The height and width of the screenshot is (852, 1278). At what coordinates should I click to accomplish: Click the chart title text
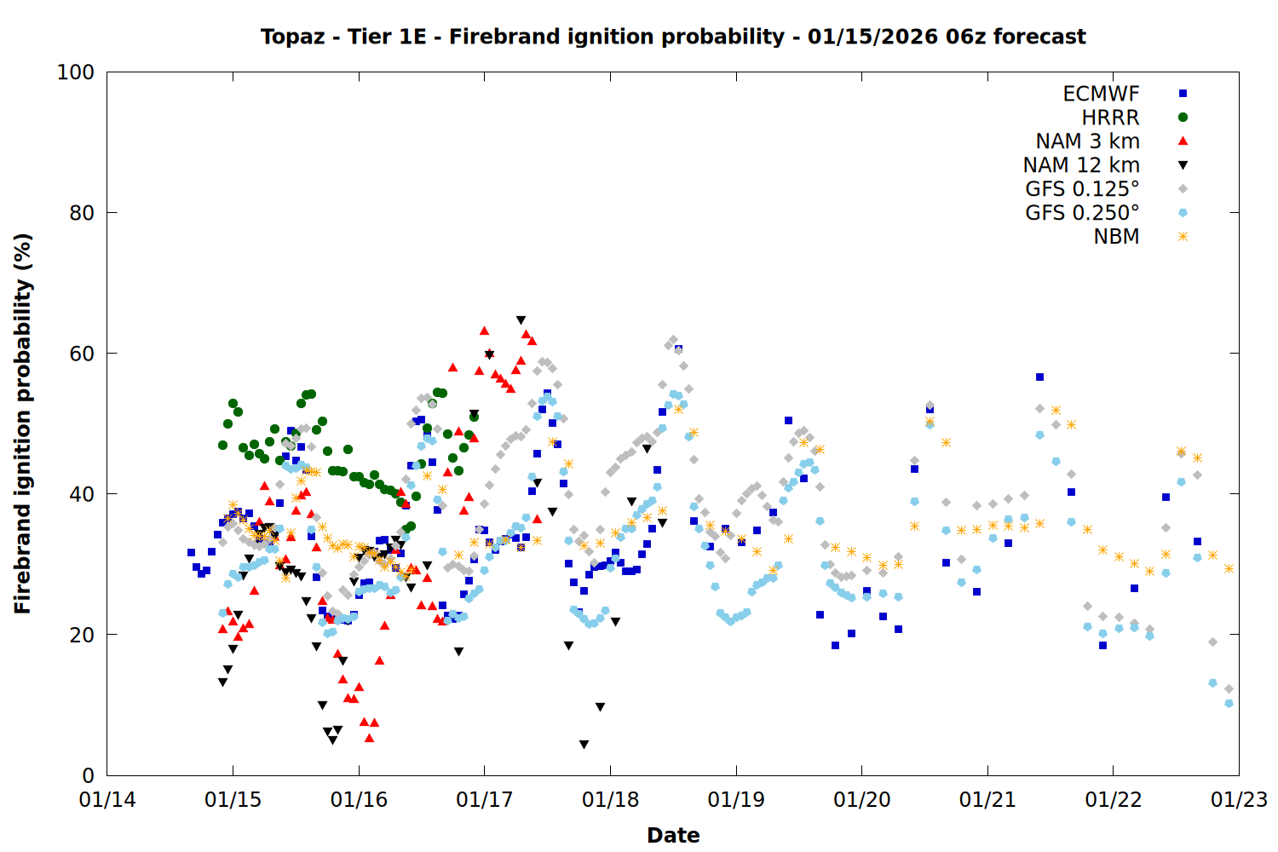673,37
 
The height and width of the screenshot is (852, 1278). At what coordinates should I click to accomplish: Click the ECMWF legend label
1101,94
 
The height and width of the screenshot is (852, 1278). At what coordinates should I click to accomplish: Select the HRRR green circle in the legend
1183,118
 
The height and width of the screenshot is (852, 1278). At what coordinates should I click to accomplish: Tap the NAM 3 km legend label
1087,141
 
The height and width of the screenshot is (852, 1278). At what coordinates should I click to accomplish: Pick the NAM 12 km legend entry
1081,165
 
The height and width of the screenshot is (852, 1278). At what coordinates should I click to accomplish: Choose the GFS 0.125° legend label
1082,189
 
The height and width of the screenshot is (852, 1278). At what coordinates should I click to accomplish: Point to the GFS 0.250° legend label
1082,213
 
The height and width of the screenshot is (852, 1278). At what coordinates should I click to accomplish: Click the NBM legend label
1116,237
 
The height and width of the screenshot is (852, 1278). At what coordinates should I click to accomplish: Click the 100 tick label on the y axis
75,72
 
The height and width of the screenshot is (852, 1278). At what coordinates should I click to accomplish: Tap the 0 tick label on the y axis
88,775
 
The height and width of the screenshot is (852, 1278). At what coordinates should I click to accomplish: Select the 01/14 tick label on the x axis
107,800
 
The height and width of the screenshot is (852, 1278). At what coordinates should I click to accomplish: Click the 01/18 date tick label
610,800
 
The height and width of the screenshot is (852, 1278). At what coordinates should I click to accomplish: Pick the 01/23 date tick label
1239,800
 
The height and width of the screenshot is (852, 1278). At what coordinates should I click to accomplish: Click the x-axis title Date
673,835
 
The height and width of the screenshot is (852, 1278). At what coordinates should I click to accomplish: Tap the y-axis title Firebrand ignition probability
23,423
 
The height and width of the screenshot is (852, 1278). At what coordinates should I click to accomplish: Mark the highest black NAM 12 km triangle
521,320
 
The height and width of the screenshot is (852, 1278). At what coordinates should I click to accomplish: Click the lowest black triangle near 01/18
584,745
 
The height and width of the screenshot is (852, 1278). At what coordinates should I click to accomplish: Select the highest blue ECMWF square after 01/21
1039,377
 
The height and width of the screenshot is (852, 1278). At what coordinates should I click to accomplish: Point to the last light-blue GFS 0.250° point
1229,704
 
